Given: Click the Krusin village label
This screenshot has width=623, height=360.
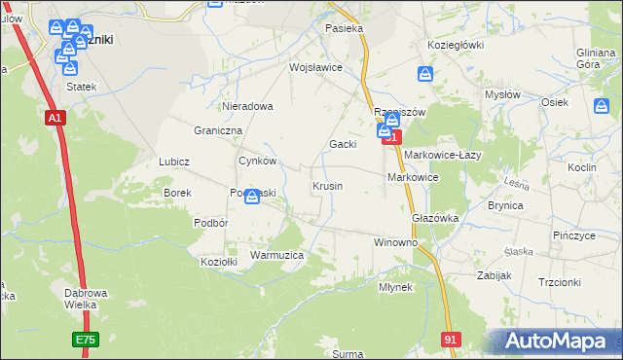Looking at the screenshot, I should coord(327,185).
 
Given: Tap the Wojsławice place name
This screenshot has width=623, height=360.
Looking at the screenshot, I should coord(315,67).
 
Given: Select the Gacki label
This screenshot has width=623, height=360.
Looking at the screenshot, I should coord(342,144).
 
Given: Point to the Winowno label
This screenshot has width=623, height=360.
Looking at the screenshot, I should coord(395,241).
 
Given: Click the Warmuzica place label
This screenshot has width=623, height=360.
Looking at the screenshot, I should coord(277,254).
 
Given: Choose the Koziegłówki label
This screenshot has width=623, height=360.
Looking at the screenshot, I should coord(456,45).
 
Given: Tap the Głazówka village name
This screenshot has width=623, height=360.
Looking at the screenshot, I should coord(435,218).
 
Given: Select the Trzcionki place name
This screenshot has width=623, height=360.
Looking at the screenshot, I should coord(559,282).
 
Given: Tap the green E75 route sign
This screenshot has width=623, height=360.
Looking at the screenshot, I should coord(85,339).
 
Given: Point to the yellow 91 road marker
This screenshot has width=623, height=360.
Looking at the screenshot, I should coord(450,338).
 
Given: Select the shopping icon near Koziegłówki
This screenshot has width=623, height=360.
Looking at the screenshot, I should coord(425,74).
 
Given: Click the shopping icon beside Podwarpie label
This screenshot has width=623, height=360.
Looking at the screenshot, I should coord(252,198).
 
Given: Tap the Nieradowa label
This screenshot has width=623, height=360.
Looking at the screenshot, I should coord(248,106).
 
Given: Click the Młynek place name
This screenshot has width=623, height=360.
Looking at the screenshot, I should coord(396,287).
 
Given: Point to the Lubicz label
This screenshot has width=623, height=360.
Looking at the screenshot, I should coord(173,162).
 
